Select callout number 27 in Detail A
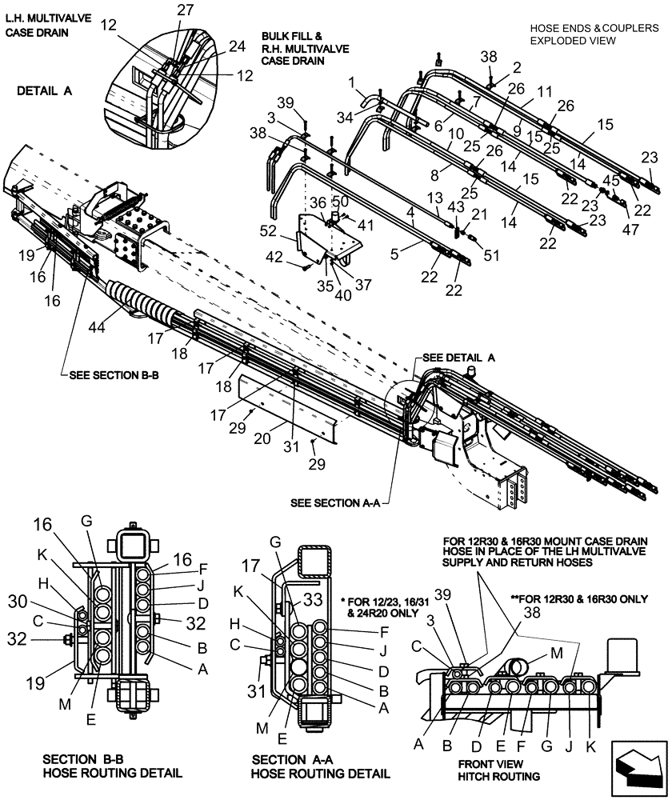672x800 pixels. pos(186,10)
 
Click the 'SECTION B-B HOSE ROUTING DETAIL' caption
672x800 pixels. pos(112,766)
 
